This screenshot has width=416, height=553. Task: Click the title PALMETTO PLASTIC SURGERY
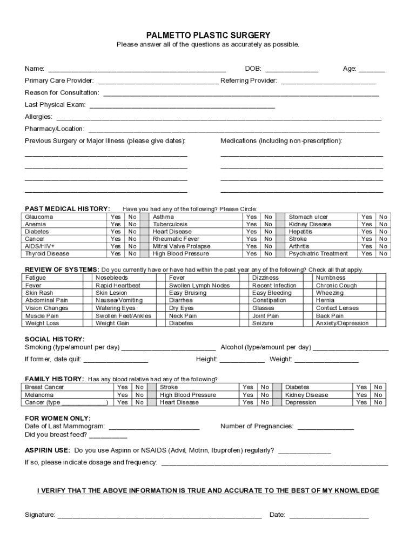pyautogui.click(x=208, y=35)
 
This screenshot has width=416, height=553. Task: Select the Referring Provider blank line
pyautogui.click(x=328, y=82)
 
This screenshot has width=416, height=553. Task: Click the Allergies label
pyautogui.click(x=38, y=117)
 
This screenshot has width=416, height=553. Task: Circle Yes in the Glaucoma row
pyautogui.click(x=116, y=217)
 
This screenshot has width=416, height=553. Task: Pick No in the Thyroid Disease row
pyautogui.click(x=132, y=254)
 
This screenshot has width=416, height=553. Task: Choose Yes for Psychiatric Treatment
pyautogui.click(x=367, y=254)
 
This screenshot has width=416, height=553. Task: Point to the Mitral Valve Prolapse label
pyautogui.click(x=182, y=246)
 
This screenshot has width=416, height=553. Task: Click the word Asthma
pyautogui.click(x=164, y=217)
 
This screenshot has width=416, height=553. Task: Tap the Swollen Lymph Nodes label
pyautogui.click(x=199, y=286)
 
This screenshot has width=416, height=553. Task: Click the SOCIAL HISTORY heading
pyautogui.click(x=55, y=339)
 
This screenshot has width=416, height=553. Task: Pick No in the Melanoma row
pyautogui.click(x=139, y=395)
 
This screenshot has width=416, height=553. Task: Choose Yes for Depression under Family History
pyautogui.click(x=361, y=402)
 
